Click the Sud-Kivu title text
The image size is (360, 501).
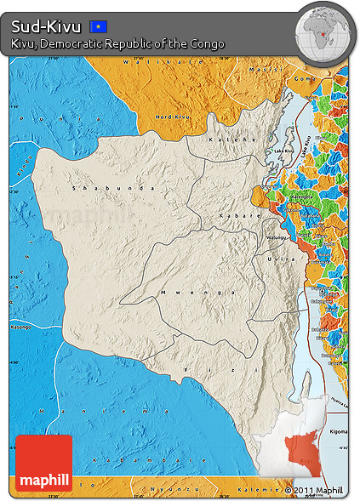[46, 26]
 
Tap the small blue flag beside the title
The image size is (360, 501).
[99, 27]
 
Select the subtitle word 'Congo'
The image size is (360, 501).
[207, 44]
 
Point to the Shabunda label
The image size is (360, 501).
[102, 187]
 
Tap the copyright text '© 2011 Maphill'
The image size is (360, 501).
[314, 490]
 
